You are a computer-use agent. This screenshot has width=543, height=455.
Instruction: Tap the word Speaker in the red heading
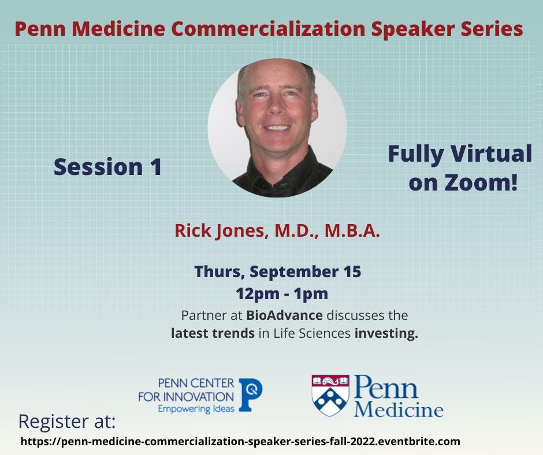pyautogui.click(x=414, y=29)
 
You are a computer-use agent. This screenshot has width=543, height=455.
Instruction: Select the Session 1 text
pyautogui.click(x=107, y=167)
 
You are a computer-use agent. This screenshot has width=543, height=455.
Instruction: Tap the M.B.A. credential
pyautogui.click(x=352, y=230)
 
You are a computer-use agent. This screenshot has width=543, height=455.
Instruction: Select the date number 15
pyautogui.click(x=352, y=271)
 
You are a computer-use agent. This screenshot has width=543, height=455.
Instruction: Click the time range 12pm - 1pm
pyautogui.click(x=281, y=294)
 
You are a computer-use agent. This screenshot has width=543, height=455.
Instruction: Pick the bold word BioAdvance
pyautogui.click(x=284, y=315)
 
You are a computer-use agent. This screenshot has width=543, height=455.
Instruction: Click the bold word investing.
pyautogui.click(x=386, y=334)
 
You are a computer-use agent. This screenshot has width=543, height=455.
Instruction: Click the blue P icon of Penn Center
pyautogui.click(x=250, y=394)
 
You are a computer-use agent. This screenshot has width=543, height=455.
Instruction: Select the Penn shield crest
pyautogui.click(x=330, y=395)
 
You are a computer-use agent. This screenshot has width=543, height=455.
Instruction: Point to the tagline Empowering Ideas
pyautogui.click(x=196, y=409)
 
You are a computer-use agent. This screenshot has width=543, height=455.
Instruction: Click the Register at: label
pyautogui.click(x=67, y=422)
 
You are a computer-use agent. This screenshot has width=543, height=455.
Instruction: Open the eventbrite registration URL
pyautogui.click(x=240, y=442)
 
